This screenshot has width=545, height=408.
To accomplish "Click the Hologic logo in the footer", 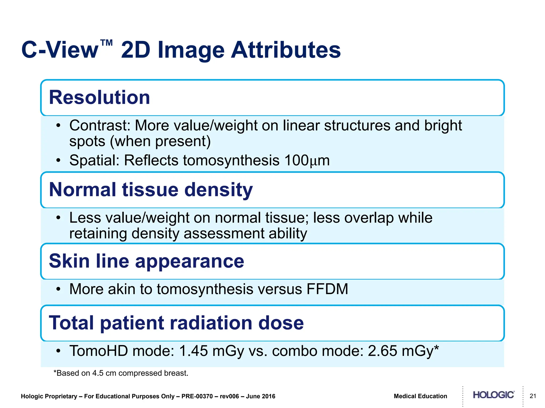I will [493, 395].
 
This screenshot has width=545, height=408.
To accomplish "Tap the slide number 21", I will [533, 396].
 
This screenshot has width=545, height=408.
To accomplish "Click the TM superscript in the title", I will [106, 43].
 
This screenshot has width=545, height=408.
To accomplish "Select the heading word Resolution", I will [100, 97].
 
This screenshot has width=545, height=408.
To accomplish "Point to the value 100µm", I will [307, 160].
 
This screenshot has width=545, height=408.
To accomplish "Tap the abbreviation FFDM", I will [327, 289].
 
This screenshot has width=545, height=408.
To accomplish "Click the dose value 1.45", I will [193, 351].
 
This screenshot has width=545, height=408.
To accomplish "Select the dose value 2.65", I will [382, 351].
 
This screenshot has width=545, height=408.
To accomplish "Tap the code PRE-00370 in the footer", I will [197, 396].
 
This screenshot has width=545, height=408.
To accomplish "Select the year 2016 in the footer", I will [268, 396].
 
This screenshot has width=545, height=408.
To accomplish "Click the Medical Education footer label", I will [420, 396].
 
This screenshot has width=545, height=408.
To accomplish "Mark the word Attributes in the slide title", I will [286, 50].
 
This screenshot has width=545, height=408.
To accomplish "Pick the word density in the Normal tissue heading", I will [218, 190].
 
